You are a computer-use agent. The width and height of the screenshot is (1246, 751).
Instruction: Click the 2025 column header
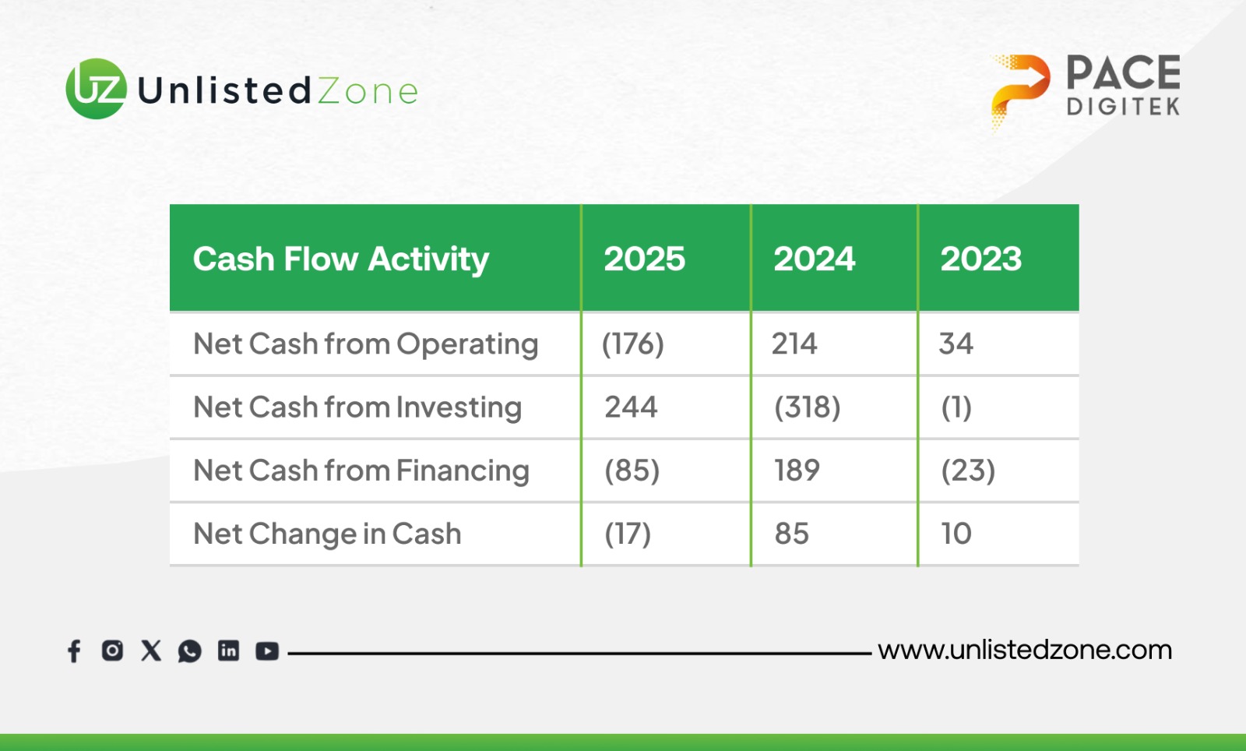click(x=644, y=259)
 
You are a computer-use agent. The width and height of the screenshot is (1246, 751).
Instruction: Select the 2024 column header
click(x=814, y=259)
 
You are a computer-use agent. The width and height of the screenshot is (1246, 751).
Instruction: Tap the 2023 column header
click(x=980, y=259)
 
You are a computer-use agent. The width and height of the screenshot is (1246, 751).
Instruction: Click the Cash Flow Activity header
click(x=340, y=259)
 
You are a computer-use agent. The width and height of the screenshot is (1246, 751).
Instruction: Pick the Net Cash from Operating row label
click(x=365, y=344)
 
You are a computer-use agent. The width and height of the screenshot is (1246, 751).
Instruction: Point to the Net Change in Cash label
click(x=327, y=534)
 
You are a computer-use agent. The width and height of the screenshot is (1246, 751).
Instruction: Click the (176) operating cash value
click(x=633, y=344)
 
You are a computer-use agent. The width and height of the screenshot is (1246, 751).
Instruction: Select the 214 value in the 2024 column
click(x=794, y=344)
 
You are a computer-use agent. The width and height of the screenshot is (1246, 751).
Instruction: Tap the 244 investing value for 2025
click(x=631, y=407)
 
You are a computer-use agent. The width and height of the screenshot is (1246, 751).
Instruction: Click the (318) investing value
click(x=807, y=407)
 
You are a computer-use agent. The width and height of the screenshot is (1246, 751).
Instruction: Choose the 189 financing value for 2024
click(x=797, y=470)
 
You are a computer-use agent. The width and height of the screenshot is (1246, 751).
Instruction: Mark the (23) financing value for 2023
click(x=968, y=471)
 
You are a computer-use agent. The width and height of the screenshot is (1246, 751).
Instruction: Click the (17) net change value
click(x=628, y=534)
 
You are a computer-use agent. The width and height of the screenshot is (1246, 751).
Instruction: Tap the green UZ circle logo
click(x=97, y=89)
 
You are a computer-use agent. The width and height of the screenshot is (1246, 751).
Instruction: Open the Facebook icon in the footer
click(x=74, y=651)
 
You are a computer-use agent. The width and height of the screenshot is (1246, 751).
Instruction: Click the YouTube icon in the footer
click(x=267, y=651)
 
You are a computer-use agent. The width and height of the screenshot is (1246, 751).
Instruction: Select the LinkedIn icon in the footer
click(x=229, y=651)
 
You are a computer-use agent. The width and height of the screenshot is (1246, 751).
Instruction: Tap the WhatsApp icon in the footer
click(x=190, y=651)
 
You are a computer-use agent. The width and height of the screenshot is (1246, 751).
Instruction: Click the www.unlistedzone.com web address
click(x=1025, y=651)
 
